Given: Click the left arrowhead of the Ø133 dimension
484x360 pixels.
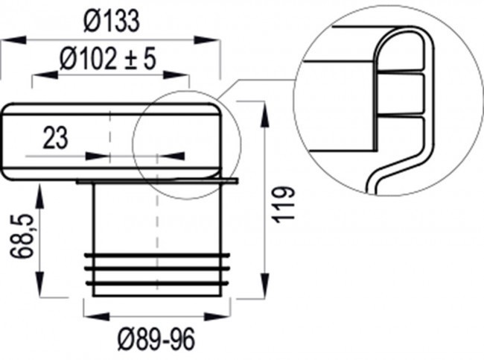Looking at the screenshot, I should pyautogui.click(x=9, y=42).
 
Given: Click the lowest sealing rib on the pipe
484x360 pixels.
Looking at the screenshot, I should pyautogui.click(x=157, y=282).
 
